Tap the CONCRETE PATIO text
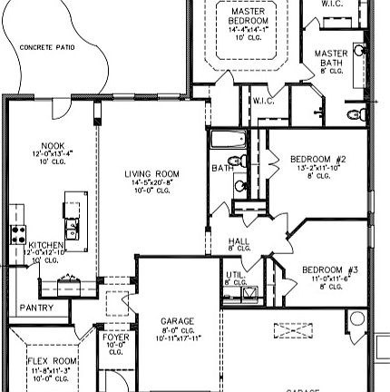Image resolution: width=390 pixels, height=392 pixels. click(x=48, y=46)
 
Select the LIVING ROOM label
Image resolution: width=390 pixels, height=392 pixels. click(x=151, y=173)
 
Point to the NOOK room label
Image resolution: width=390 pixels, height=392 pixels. click(x=52, y=144)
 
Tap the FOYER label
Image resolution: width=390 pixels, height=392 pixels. click(x=115, y=337)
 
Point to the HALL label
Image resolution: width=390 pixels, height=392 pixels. click(x=239, y=241)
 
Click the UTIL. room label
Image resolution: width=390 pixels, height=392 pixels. click(x=233, y=275)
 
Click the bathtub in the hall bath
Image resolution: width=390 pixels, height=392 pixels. click(x=228, y=141)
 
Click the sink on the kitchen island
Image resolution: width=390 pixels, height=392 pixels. click(x=73, y=221)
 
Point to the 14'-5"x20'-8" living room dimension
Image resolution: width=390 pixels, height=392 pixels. click(x=151, y=182)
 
